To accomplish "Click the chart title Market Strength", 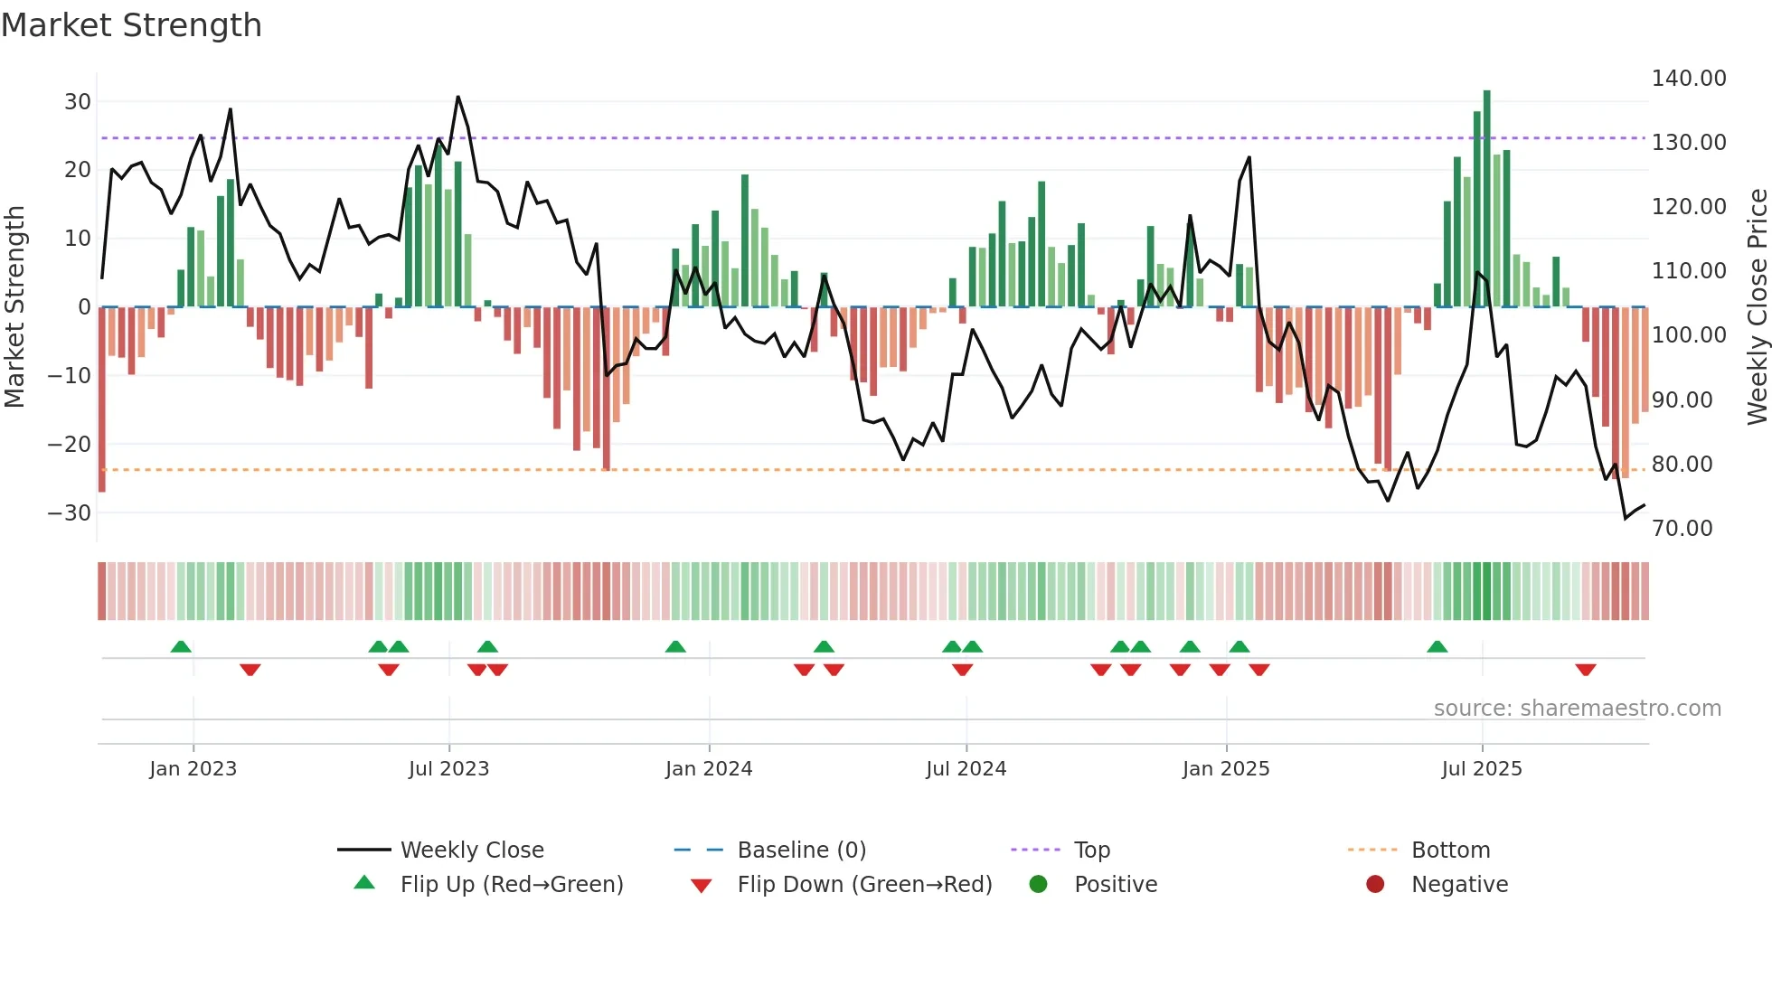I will tap(131, 25).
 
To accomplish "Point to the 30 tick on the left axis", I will tap(78, 101).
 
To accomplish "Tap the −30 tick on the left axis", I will tap(70, 512).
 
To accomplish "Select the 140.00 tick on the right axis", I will tap(1688, 79).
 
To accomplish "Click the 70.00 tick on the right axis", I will tap(1682, 529).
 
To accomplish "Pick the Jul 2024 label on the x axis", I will tap(966, 769).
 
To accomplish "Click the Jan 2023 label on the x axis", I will tap(193, 769).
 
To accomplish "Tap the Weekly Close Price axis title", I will tap(1757, 307).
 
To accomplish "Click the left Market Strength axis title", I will tap(14, 307).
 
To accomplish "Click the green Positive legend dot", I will tap(1038, 884).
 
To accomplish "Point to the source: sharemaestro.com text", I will tap(1577, 709).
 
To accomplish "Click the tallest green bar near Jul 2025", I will tap(1486, 199).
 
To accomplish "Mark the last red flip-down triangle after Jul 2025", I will tap(1585, 670).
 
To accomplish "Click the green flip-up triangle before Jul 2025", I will tap(1437, 646).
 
